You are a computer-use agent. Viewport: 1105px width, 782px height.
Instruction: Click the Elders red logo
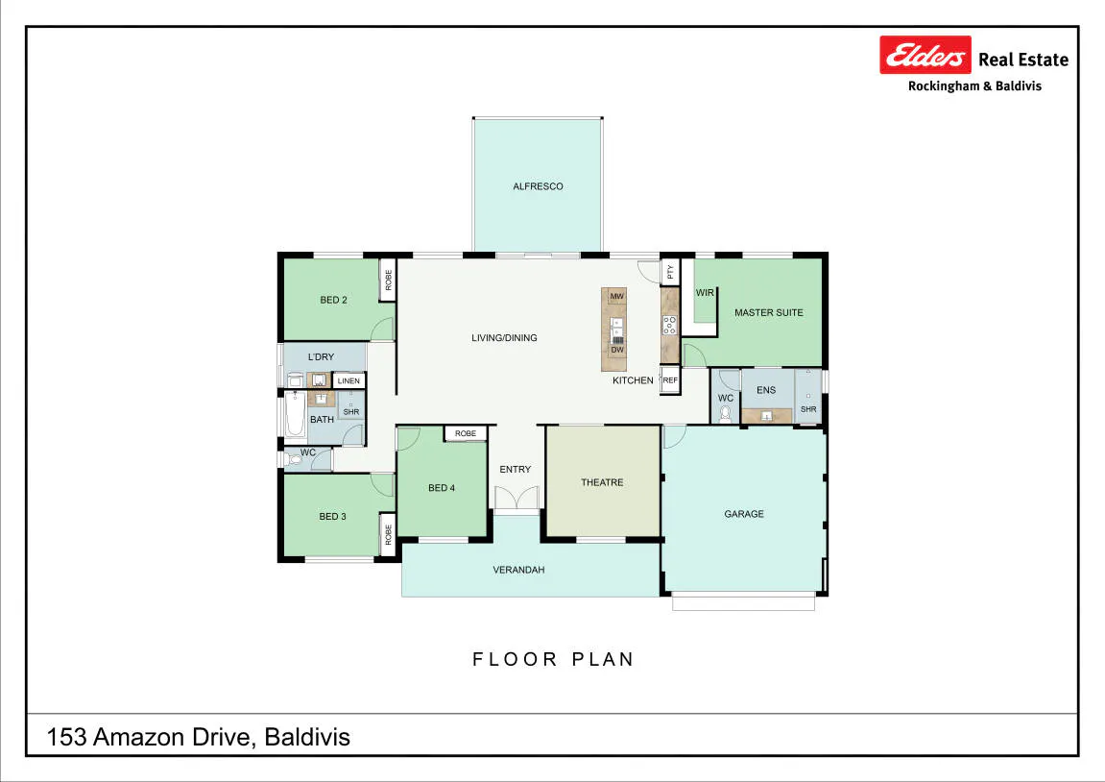925,55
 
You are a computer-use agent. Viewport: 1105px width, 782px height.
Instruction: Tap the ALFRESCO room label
538,186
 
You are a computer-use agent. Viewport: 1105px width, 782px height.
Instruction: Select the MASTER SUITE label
768,312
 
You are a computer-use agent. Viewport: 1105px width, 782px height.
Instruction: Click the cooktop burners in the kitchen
669,325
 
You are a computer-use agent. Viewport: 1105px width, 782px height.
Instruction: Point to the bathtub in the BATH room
296,415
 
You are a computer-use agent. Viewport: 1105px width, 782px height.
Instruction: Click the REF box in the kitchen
669,380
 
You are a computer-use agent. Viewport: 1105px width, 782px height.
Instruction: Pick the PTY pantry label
670,271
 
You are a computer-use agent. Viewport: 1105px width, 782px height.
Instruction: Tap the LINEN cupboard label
348,380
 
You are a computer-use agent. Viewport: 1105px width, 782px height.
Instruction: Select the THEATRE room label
602,482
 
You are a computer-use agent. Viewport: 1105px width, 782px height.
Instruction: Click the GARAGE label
743,514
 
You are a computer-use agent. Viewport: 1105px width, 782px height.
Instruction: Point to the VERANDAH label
518,570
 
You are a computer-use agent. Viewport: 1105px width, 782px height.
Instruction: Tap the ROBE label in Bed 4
465,433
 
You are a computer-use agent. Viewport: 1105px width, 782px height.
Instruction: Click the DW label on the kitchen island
617,350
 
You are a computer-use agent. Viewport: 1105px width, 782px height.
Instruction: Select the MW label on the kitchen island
616,296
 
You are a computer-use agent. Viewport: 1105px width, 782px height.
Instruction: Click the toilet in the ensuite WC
725,413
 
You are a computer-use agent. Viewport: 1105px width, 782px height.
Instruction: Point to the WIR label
705,293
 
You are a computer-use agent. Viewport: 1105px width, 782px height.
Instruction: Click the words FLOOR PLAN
553,659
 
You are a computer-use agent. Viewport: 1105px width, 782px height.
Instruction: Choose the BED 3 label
332,516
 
